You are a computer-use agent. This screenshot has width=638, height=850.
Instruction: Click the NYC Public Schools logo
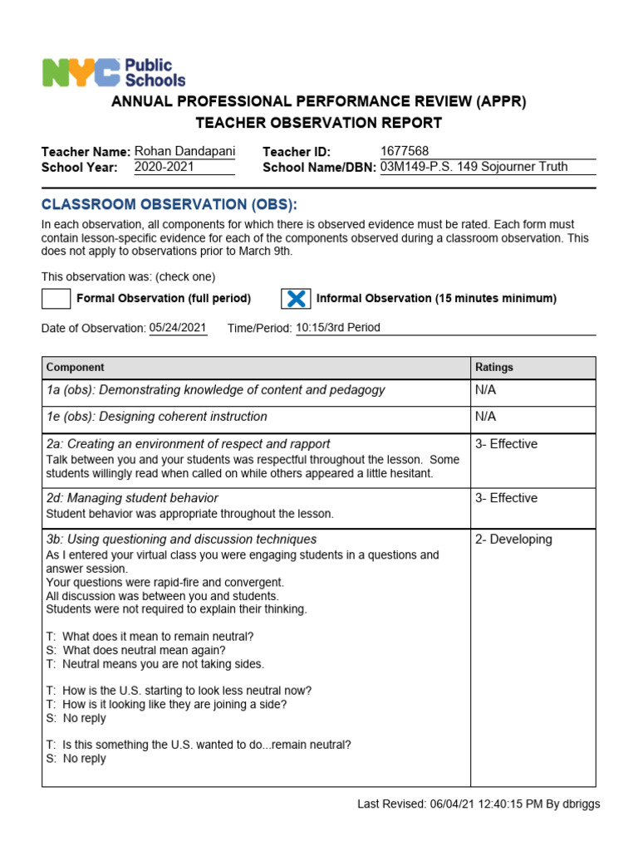pyautogui.click(x=114, y=72)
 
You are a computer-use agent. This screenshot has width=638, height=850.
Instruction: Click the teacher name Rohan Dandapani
pyautogui.click(x=184, y=151)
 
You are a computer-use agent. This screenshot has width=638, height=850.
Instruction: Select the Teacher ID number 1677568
pyautogui.click(x=405, y=151)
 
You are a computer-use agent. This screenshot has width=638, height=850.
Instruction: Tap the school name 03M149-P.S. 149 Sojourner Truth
pyautogui.click(x=474, y=167)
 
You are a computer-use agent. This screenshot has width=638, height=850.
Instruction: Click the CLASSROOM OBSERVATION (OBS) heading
pyautogui.click(x=169, y=205)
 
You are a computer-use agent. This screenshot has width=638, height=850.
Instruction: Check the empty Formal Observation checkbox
pyautogui.click(x=56, y=299)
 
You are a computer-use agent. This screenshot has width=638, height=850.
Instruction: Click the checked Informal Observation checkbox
pyautogui.click(x=296, y=299)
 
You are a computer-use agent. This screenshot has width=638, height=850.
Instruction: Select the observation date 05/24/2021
pyautogui.click(x=178, y=328)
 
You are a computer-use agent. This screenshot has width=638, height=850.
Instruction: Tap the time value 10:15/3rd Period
pyautogui.click(x=338, y=328)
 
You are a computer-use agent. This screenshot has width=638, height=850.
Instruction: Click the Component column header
pyautogui.click(x=76, y=367)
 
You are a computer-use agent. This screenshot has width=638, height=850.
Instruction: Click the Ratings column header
pyautogui.click(x=494, y=367)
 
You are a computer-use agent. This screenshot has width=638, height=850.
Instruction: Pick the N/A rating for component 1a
pyautogui.click(x=485, y=390)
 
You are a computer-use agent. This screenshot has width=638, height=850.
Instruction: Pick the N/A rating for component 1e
pyautogui.click(x=485, y=417)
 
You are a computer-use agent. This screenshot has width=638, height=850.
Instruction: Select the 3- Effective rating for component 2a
pyautogui.click(x=506, y=444)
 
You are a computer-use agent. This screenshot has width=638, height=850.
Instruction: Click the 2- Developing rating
pyautogui.click(x=513, y=540)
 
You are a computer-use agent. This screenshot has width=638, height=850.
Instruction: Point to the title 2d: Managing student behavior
pyautogui.click(x=132, y=498)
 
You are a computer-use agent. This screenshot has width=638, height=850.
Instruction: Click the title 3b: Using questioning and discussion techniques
pyautogui.click(x=181, y=540)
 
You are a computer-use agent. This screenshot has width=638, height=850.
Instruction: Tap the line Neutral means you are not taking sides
pyautogui.click(x=155, y=664)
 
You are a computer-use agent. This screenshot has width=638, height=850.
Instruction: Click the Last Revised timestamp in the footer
pyautogui.click(x=478, y=804)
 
